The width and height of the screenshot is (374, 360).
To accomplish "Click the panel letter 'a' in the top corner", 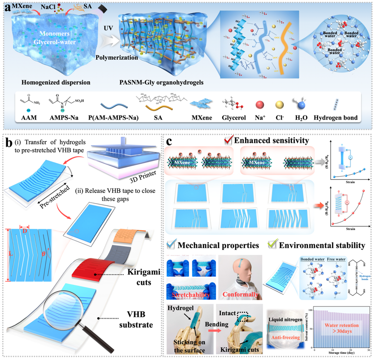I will [7, 7].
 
